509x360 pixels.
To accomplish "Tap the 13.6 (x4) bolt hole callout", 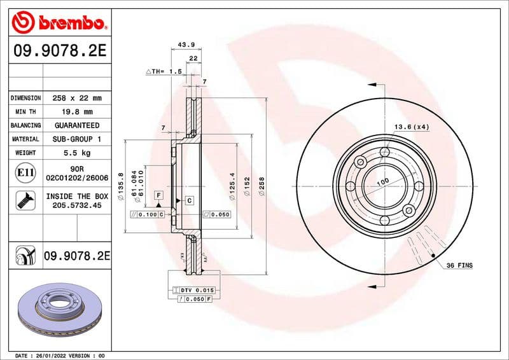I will click(412, 127).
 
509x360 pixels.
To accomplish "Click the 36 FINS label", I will click(459, 264).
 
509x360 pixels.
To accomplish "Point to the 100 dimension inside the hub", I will click(382, 182).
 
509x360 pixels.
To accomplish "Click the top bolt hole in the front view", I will click(384, 153).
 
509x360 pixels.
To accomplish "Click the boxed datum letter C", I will click(189, 201).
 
